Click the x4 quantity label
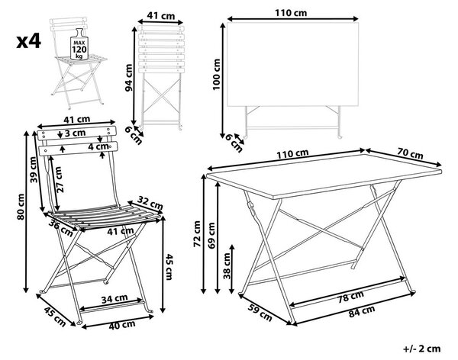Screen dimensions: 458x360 pos(29,41)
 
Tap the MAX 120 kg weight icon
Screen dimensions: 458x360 pos(79,44)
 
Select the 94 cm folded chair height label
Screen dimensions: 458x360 pos(129,77)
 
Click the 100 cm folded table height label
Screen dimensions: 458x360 pos(217,74)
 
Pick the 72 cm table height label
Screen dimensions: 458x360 pos(197,234)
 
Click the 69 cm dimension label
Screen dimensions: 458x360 pos(211,236)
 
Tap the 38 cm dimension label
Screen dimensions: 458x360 pos(227,266)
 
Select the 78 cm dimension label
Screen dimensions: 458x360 pos(350,297)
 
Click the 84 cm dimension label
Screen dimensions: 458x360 pos(362,311)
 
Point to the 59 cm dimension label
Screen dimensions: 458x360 pos(260,313)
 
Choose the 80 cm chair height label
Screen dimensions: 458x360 pos(21,207)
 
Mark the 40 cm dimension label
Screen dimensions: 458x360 pos(122,325)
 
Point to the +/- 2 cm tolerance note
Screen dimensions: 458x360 pos(422,349)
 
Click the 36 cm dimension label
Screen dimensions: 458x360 pos(61,227)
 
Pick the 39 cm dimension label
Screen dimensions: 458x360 pos(34,169)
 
